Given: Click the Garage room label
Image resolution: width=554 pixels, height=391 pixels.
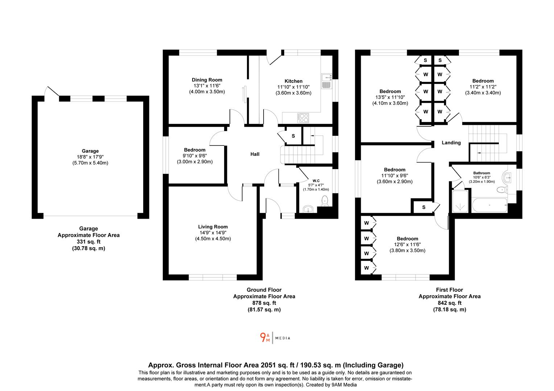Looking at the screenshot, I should click(x=90, y=151).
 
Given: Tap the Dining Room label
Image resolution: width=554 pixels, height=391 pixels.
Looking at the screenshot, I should click(x=207, y=80).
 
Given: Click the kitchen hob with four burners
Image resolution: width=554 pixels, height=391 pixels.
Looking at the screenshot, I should click(x=303, y=117).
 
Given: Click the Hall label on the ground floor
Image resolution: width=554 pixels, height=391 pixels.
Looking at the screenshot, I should click(x=255, y=154).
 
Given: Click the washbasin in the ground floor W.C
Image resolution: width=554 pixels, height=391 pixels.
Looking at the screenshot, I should click(x=308, y=209).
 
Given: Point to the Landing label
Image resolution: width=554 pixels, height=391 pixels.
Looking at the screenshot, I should click(x=451, y=143).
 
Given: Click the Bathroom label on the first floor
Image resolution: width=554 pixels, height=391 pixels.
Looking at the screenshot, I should click(x=481, y=173).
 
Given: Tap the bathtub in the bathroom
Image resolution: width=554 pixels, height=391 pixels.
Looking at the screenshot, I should click(x=489, y=206).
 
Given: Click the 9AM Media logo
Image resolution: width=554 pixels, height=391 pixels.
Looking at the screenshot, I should click(x=275, y=338).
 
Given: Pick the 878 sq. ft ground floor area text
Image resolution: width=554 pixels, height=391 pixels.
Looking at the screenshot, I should click(x=264, y=303).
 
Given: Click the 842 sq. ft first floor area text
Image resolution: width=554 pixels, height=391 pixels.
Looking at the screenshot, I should click(x=450, y=303).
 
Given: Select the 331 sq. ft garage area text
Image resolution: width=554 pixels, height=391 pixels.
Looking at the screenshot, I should click(x=88, y=242).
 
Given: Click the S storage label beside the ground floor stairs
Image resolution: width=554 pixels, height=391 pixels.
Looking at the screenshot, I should click(x=293, y=136).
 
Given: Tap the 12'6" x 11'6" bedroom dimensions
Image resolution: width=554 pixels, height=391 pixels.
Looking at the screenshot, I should click(x=407, y=244).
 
